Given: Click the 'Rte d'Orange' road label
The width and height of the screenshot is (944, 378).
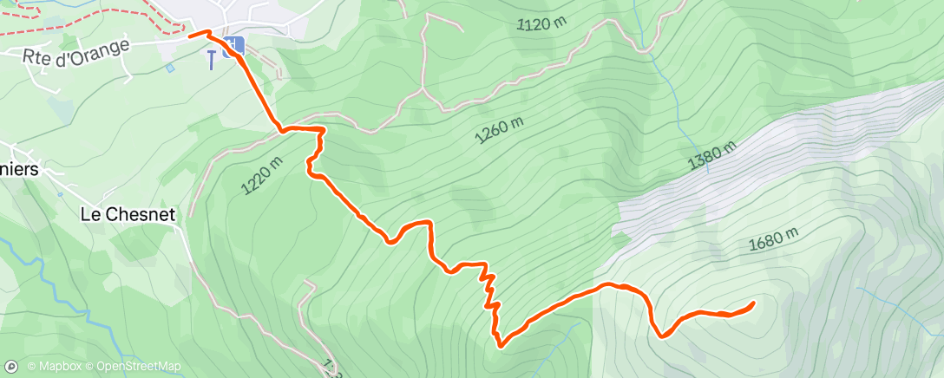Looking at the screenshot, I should click(75, 51).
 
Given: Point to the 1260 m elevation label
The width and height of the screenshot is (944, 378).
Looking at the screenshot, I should click(500, 131).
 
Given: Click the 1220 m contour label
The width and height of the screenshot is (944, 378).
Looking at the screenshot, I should click(264, 174).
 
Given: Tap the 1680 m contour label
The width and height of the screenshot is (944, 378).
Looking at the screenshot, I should click(773, 238).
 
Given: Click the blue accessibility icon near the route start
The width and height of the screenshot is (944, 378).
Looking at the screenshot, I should click(233, 47).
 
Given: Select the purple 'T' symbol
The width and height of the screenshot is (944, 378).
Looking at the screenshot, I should click(210, 58).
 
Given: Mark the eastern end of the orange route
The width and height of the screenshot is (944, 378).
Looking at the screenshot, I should click(752, 303).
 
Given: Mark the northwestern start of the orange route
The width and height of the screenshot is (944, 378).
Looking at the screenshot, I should click(190, 36).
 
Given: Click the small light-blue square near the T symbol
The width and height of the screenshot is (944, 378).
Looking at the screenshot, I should click(171, 68).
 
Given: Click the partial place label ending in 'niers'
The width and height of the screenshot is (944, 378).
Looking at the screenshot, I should click(19, 170).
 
